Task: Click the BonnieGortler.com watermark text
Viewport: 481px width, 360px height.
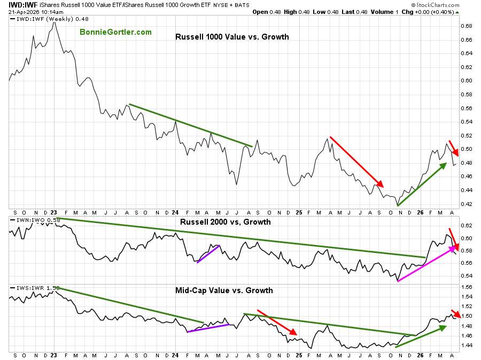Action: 115,32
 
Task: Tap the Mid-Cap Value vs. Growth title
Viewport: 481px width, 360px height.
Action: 224,290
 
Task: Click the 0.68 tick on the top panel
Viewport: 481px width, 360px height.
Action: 466,26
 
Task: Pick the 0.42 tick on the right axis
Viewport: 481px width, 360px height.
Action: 466,204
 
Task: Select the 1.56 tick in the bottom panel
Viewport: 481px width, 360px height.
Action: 466,287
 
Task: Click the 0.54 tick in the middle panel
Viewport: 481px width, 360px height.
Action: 466,276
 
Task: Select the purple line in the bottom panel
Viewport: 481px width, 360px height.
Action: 208,328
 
